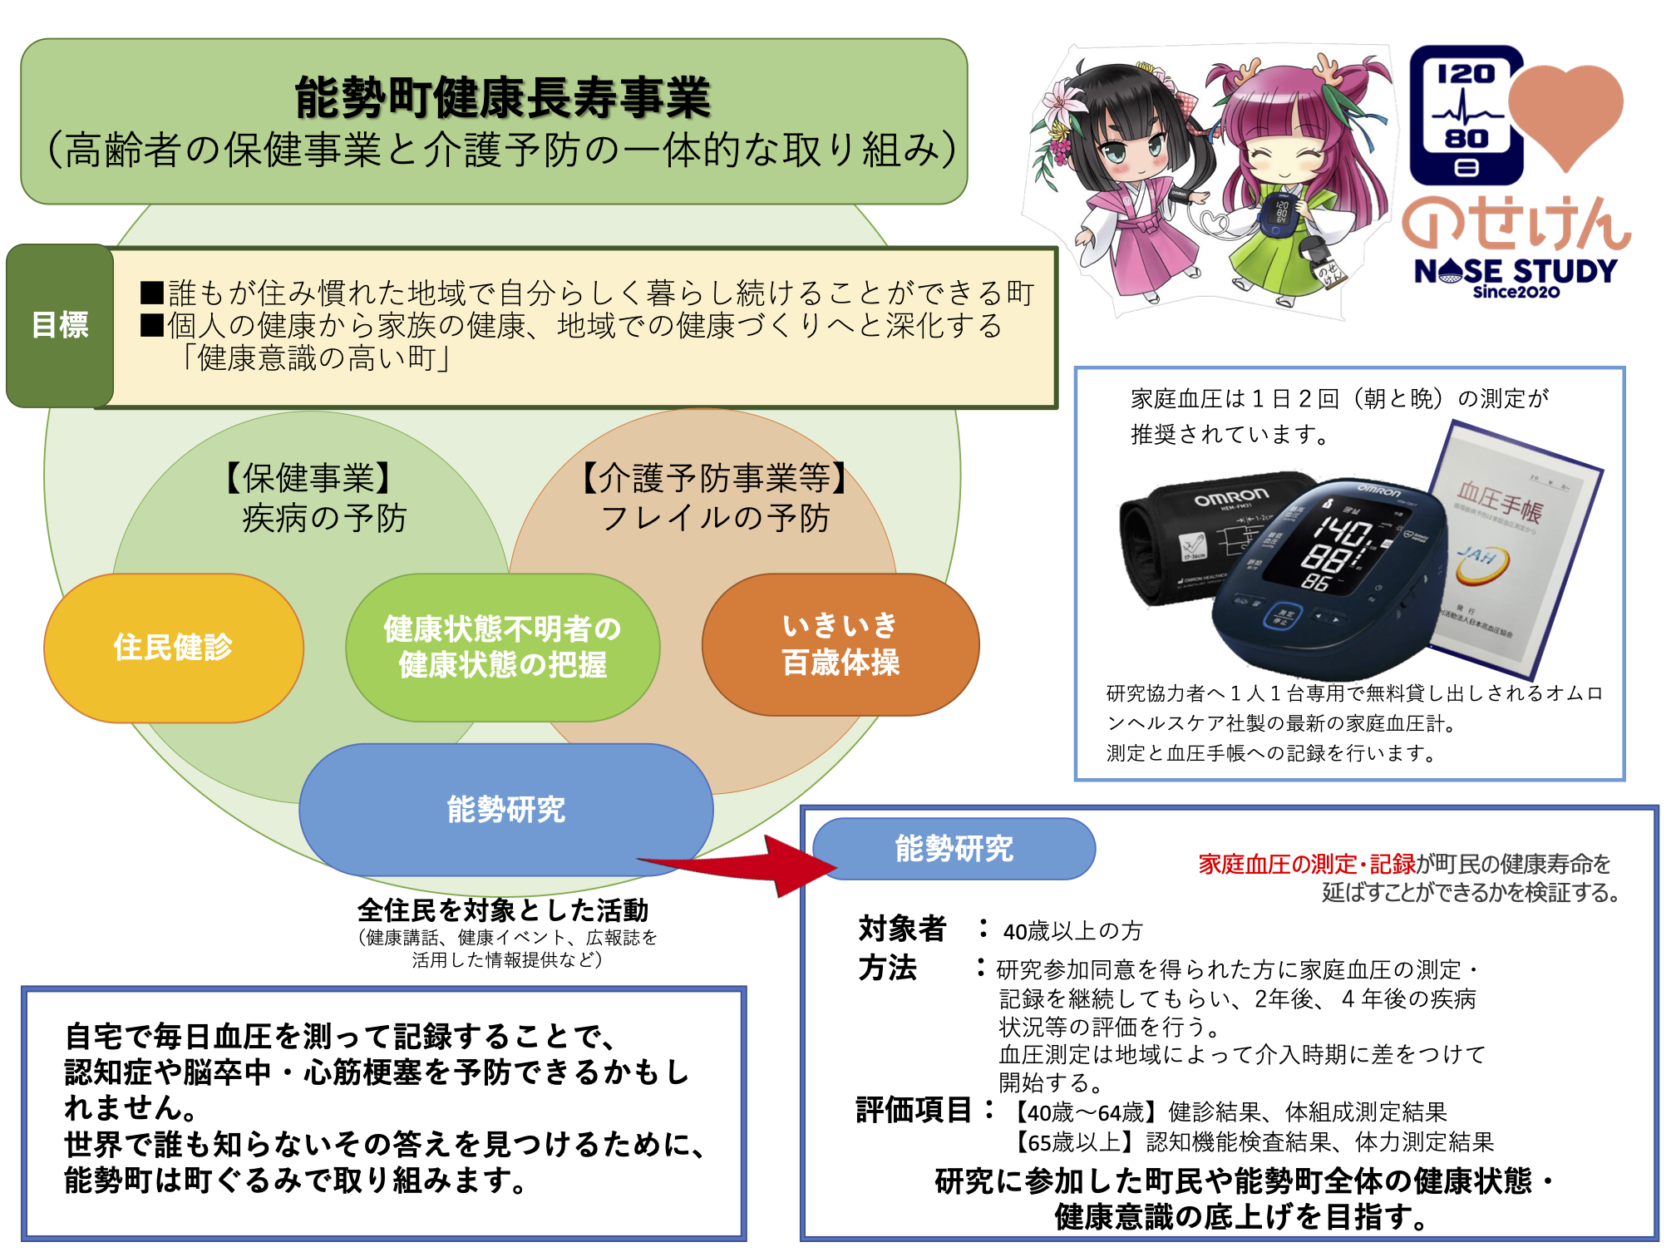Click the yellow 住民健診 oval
(x=173, y=648)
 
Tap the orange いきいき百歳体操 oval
(x=840, y=644)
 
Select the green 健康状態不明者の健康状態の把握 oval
(x=502, y=647)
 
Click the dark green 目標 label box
(x=60, y=325)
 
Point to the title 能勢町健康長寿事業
(x=502, y=97)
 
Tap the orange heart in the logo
(x=1565, y=112)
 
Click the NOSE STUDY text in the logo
(x=1516, y=271)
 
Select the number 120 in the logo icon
(x=1466, y=75)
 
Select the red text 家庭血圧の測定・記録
(x=1307, y=865)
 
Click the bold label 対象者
(x=902, y=929)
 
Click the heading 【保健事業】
(x=308, y=478)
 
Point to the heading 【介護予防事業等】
(x=715, y=478)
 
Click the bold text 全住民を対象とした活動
(x=503, y=910)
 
